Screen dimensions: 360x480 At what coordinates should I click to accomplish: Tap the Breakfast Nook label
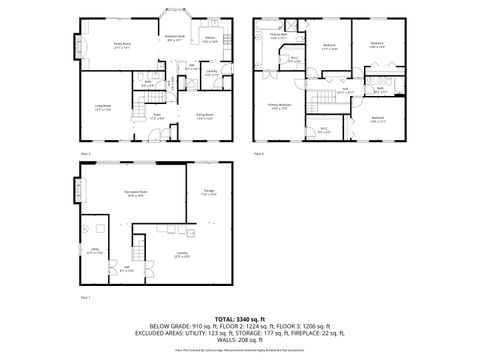point(175,39)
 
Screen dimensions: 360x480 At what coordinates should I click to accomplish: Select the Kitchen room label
point(211,40)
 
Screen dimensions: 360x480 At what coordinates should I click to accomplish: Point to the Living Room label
point(102,108)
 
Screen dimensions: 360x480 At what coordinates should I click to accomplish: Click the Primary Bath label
point(279,38)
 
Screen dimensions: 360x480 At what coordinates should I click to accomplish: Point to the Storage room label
point(208,193)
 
